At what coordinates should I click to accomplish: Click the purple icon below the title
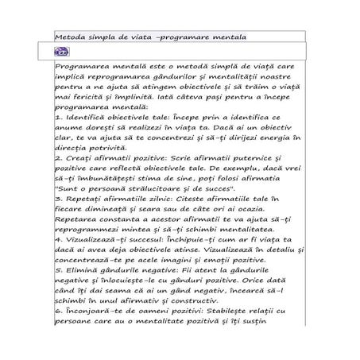61,50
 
